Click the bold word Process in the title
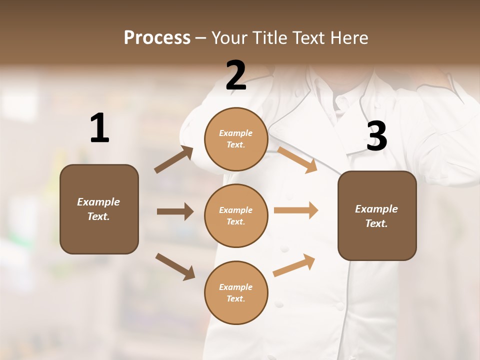pos(157,38)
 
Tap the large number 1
pos(99,128)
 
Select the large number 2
pos(236,75)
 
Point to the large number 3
pos(377,136)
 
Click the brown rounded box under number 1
pos(99,209)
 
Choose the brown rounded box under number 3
pos(377,215)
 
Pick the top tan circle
pos(236,139)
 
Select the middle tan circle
pos(236,215)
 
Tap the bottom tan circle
pos(236,292)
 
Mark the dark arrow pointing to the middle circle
pos(175,211)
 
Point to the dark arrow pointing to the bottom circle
pos(175,266)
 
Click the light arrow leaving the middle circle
pos(296,210)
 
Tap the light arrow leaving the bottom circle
pos(294,265)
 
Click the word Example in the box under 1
pos(98,202)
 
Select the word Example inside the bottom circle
pos(235,287)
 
